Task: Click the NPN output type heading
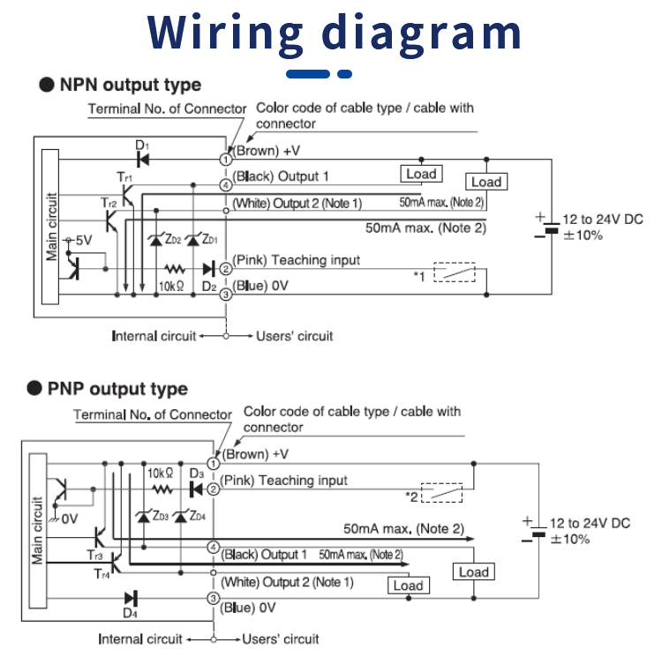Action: point(130,86)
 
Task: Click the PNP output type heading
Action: point(117,389)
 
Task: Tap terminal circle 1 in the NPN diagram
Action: point(226,159)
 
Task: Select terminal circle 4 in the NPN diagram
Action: point(226,184)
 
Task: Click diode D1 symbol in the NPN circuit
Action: point(143,159)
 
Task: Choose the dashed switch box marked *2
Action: point(442,492)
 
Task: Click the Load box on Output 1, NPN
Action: point(421,174)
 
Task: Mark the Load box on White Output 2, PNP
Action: point(408,586)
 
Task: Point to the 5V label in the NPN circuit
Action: point(82,240)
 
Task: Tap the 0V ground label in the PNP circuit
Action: point(69,519)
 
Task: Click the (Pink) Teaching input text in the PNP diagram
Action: point(283,481)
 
